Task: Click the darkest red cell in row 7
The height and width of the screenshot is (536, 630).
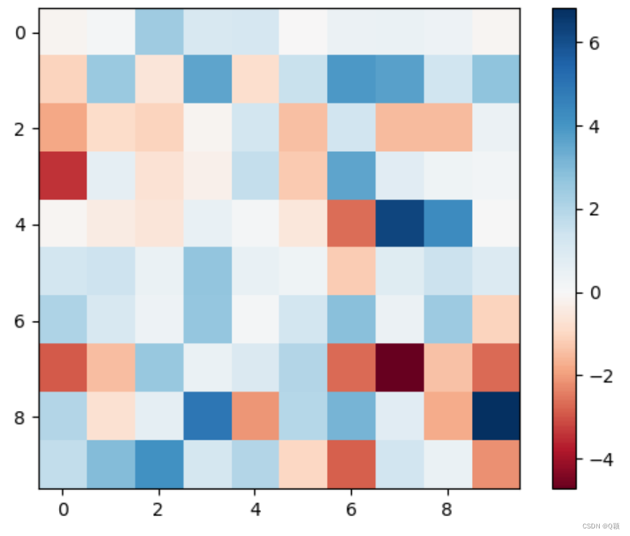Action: (x=399, y=368)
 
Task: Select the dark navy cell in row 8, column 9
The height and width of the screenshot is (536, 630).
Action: (x=495, y=416)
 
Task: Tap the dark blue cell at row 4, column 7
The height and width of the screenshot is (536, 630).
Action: (x=399, y=224)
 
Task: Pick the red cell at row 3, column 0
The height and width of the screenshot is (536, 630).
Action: (x=63, y=176)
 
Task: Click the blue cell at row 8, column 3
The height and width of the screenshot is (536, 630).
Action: (x=207, y=416)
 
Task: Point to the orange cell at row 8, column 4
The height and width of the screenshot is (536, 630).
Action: (x=255, y=416)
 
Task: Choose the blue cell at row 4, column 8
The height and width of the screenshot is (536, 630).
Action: (x=447, y=224)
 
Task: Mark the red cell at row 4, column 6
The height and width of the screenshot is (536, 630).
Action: (x=351, y=224)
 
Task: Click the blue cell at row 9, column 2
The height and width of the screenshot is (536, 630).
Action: (x=159, y=465)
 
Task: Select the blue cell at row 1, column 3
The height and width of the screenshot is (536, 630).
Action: (x=207, y=80)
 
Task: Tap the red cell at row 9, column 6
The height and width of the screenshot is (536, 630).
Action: (x=351, y=465)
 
